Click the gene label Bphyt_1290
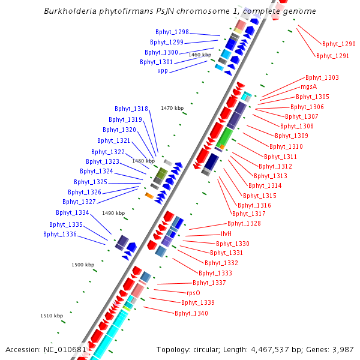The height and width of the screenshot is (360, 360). (x=338, y=44)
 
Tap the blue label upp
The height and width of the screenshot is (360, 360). (x=163, y=71)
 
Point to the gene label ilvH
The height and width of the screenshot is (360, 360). (x=226, y=233)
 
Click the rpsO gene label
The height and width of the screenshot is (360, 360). (x=193, y=293)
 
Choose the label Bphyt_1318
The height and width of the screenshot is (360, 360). (x=131, y=109)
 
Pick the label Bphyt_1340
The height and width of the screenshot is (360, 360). (x=191, y=313)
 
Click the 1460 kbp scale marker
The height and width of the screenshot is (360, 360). (x=200, y=55)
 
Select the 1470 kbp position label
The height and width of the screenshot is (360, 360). (x=172, y=108)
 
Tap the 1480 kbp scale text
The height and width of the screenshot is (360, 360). (x=143, y=161)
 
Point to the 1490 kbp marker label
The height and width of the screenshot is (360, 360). (x=113, y=213)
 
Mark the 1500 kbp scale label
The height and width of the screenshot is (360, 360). (x=83, y=265)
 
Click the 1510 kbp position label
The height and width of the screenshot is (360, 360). (x=52, y=316)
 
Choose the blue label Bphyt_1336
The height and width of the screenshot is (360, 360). (x=60, y=234)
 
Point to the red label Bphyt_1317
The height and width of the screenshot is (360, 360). (x=248, y=214)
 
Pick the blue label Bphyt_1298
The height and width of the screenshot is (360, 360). (x=172, y=32)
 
